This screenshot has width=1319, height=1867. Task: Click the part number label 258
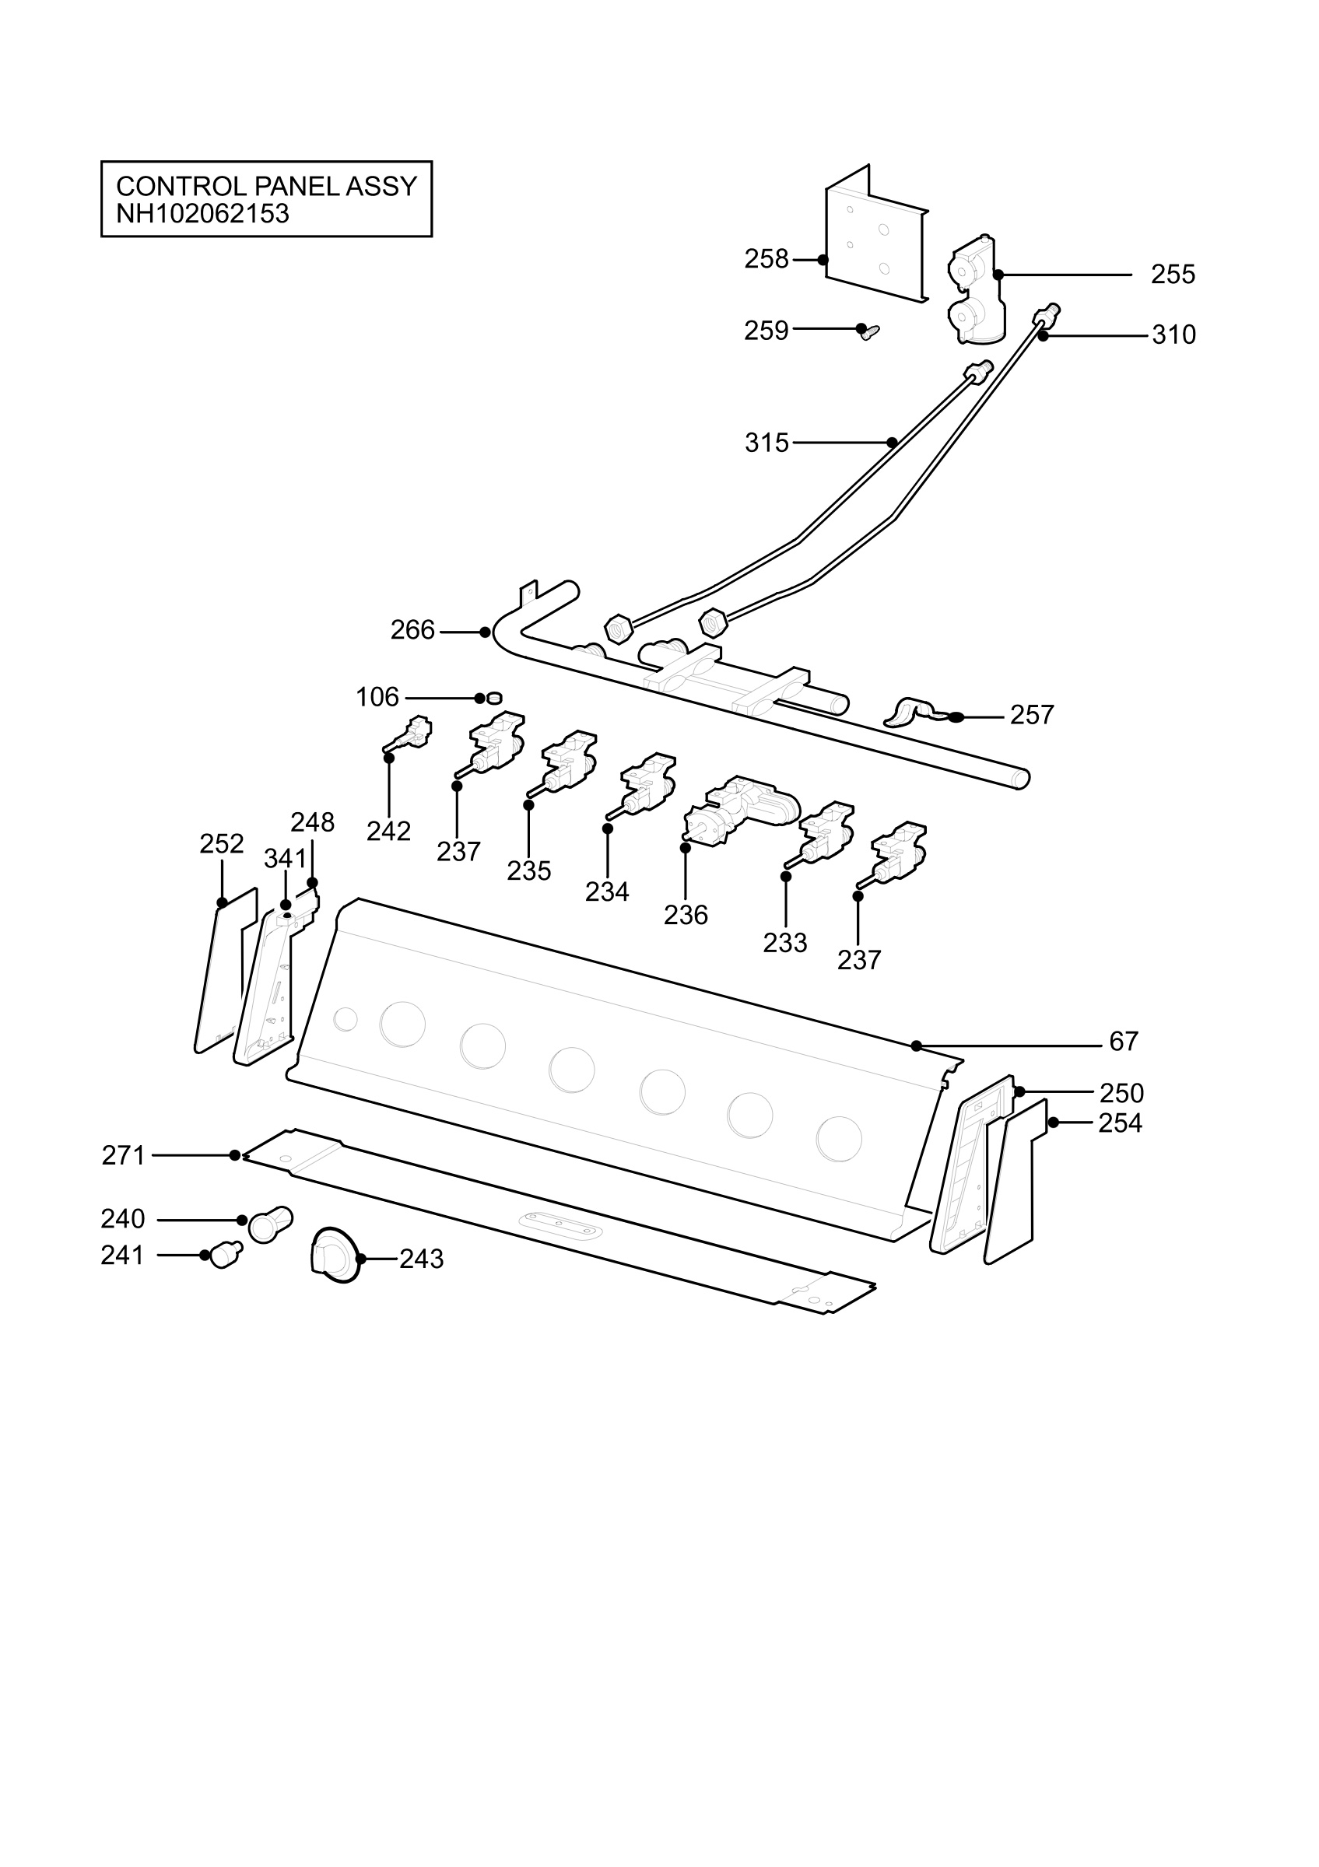click(766, 259)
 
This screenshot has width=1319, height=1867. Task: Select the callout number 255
click(1173, 275)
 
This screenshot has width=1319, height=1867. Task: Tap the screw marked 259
click(869, 331)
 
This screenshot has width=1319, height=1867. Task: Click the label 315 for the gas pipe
click(766, 443)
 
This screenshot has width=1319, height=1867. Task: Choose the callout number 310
click(1173, 335)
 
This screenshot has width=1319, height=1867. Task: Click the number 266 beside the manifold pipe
click(412, 630)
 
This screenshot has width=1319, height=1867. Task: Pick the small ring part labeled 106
click(493, 698)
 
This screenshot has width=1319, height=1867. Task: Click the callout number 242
click(389, 831)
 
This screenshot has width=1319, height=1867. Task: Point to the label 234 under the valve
click(608, 892)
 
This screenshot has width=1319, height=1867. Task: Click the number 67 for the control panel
click(1124, 1042)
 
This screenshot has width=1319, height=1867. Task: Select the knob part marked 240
click(271, 1224)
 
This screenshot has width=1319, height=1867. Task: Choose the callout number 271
click(124, 1155)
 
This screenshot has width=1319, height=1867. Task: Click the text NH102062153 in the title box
click(202, 214)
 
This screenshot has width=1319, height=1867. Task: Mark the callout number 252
click(222, 844)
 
